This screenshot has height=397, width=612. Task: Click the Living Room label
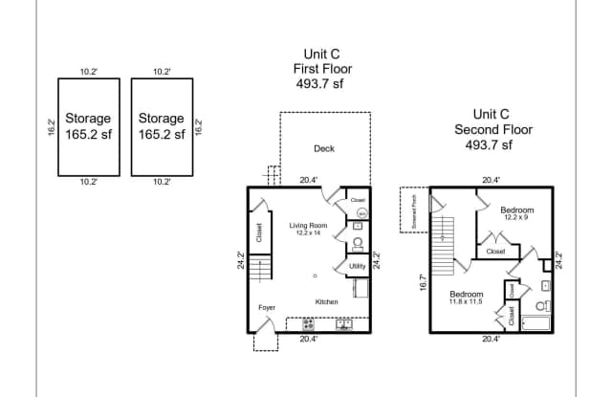(x=308, y=226)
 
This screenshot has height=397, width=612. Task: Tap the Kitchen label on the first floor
(x=327, y=302)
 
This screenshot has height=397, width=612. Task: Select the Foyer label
(x=267, y=307)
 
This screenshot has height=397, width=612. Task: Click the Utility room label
(x=357, y=266)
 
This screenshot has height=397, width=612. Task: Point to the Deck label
(x=323, y=148)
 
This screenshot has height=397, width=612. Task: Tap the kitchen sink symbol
(x=343, y=323)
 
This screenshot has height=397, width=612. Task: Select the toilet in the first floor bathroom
(x=357, y=243)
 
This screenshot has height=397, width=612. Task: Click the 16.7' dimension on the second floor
(x=422, y=284)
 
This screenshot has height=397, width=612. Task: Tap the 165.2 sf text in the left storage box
(x=88, y=135)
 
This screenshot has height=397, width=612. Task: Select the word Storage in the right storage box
(x=161, y=119)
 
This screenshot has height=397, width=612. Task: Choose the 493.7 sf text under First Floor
(x=319, y=84)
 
